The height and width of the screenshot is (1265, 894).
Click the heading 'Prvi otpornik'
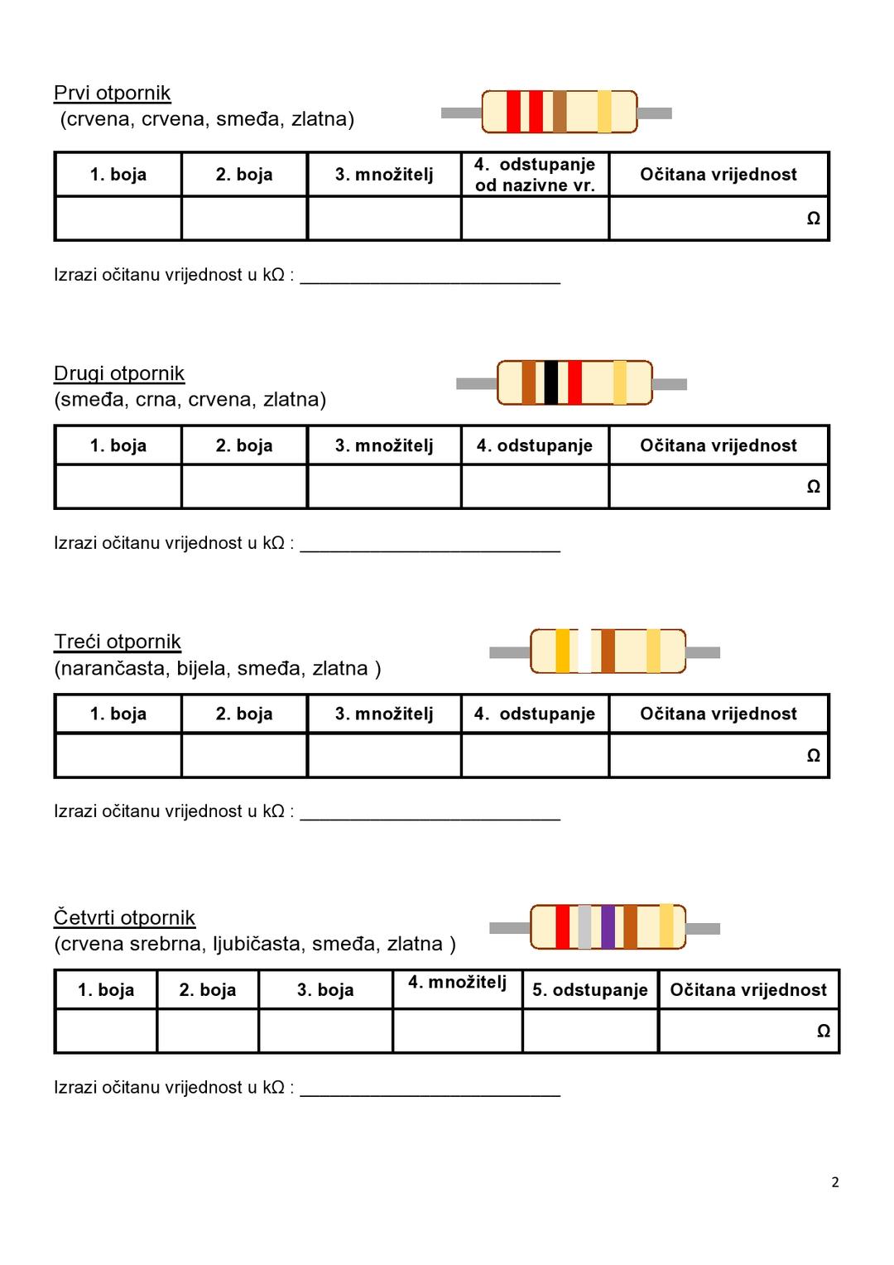click(x=112, y=93)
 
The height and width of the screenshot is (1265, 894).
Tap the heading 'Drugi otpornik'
click(x=119, y=373)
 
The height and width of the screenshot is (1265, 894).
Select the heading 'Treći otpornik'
click(x=118, y=642)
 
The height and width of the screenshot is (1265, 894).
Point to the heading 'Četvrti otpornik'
click(x=124, y=917)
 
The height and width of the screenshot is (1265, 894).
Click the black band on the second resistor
click(x=550, y=382)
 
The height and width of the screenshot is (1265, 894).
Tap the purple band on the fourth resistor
click(x=608, y=927)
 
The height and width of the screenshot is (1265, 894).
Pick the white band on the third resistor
click(x=584, y=652)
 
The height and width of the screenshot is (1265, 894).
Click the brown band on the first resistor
click(x=560, y=112)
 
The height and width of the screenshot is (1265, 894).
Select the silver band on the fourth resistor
click(x=584, y=927)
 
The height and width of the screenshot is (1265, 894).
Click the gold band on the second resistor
click(x=619, y=382)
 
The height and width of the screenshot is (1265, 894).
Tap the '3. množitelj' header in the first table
click(x=384, y=175)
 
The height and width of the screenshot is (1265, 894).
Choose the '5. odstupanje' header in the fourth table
click(x=589, y=990)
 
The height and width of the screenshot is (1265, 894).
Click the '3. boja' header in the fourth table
click(x=325, y=990)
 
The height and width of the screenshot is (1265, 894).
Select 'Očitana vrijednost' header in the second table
click(x=718, y=445)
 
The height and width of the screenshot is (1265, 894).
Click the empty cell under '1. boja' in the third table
click(x=118, y=755)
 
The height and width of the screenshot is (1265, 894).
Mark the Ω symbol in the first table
click(x=813, y=219)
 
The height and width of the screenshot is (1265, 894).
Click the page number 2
click(x=834, y=1182)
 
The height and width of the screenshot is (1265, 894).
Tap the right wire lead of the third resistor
click(x=703, y=652)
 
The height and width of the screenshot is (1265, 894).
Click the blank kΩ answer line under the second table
click(x=430, y=543)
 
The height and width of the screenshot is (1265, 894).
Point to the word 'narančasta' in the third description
click(x=113, y=668)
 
